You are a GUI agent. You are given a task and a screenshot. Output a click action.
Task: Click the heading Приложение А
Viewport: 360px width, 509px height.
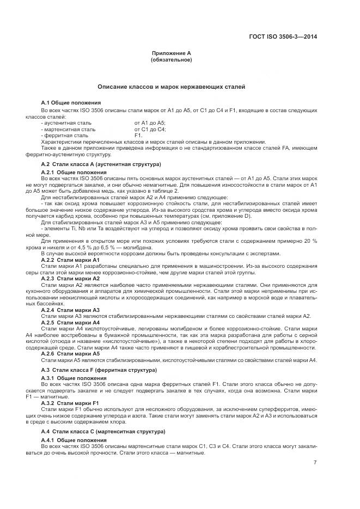[x=172, y=53]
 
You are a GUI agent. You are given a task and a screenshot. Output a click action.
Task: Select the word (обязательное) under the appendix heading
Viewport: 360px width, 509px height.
[x=172, y=59]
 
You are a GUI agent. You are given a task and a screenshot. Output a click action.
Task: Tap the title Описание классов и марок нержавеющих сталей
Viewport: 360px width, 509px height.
[x=172, y=86]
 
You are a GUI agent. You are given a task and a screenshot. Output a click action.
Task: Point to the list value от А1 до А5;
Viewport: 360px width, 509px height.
[x=150, y=123]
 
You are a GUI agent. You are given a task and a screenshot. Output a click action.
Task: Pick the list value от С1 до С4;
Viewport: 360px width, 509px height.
[x=150, y=129]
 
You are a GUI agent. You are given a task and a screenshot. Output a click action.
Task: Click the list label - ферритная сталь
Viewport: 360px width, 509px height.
[x=64, y=135]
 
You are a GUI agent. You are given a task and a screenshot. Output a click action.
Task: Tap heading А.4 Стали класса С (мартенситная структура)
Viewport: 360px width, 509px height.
[x=103, y=431]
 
